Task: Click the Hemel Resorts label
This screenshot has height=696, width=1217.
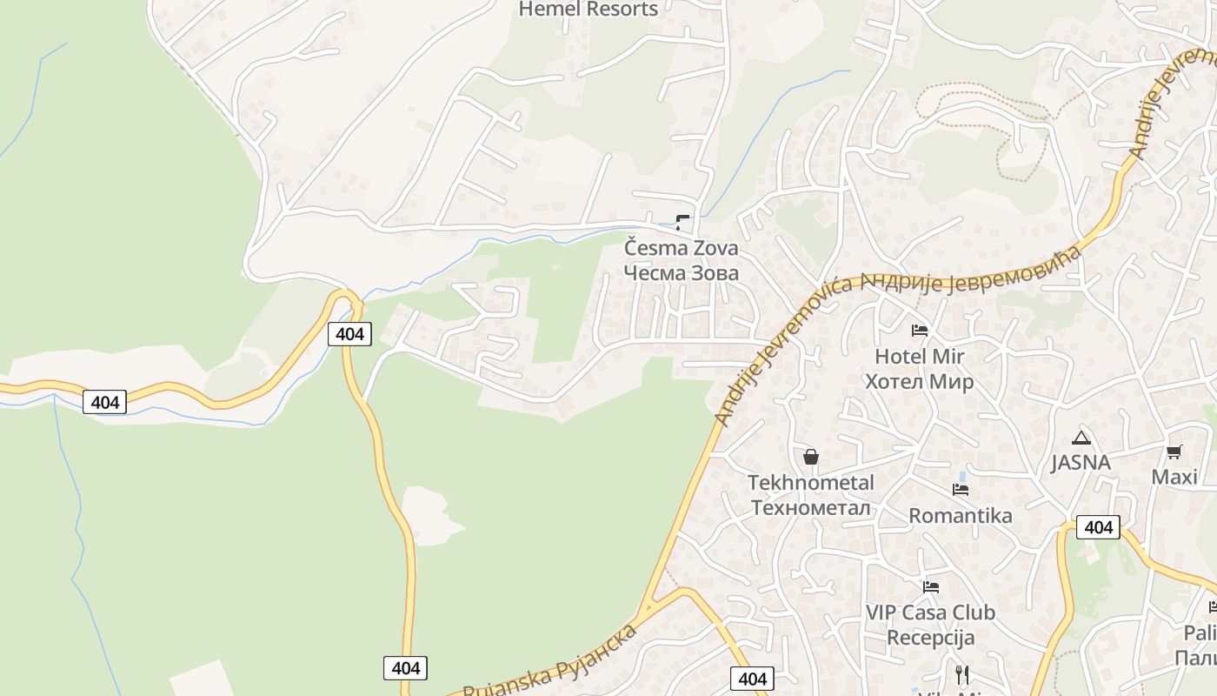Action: tap(588, 10)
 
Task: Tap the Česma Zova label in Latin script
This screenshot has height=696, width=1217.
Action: tap(682, 248)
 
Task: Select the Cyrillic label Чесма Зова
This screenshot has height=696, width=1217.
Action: tap(682, 273)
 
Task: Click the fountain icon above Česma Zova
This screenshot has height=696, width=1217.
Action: tap(682, 222)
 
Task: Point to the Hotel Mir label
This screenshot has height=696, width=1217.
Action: tap(919, 356)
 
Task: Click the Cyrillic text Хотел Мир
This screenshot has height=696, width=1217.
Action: tap(919, 381)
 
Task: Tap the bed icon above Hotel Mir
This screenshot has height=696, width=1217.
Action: tap(920, 331)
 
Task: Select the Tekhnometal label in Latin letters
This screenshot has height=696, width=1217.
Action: tap(811, 482)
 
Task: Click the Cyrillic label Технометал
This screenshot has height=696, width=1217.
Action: tap(811, 507)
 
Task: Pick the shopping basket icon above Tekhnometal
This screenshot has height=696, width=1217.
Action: tap(811, 457)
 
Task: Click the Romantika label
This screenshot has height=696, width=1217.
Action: tap(961, 515)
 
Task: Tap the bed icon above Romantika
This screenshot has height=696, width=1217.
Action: tap(961, 490)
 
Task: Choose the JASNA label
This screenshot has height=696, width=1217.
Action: tap(1081, 462)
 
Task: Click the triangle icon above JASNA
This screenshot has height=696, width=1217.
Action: tap(1081, 438)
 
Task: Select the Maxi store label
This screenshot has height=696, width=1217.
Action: tap(1174, 477)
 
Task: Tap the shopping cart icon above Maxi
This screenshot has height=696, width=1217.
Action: tap(1174, 452)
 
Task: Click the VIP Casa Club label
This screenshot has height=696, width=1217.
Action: tap(930, 612)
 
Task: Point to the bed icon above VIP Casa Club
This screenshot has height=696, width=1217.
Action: tap(931, 586)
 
